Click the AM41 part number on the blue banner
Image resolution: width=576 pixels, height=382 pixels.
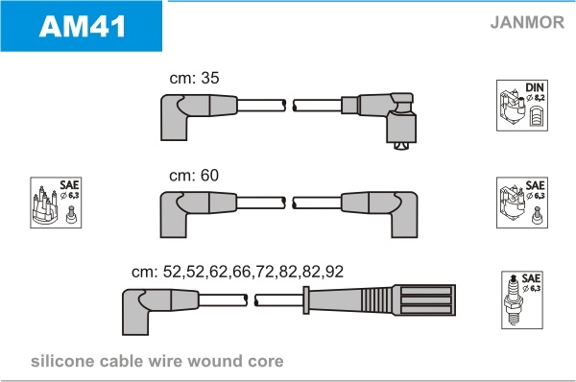click(83, 27)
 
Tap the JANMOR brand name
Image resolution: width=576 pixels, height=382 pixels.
click(527, 22)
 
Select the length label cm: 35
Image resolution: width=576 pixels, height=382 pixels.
click(194, 78)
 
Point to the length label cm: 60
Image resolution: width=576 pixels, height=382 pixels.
click(194, 176)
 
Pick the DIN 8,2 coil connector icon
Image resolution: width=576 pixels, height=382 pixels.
click(522, 106)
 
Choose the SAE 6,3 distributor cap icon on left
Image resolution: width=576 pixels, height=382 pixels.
click(56, 203)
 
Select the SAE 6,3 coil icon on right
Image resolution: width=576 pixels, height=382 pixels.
click(522, 203)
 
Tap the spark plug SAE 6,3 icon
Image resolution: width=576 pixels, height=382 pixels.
click(522, 300)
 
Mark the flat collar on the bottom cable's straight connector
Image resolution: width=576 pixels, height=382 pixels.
click(306, 300)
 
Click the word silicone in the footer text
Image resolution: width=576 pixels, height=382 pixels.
click(62, 361)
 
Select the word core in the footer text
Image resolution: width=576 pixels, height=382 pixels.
click(266, 362)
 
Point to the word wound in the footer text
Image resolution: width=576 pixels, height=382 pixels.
click(213, 361)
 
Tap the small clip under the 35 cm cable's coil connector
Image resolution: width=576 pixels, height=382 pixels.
click(401, 146)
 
